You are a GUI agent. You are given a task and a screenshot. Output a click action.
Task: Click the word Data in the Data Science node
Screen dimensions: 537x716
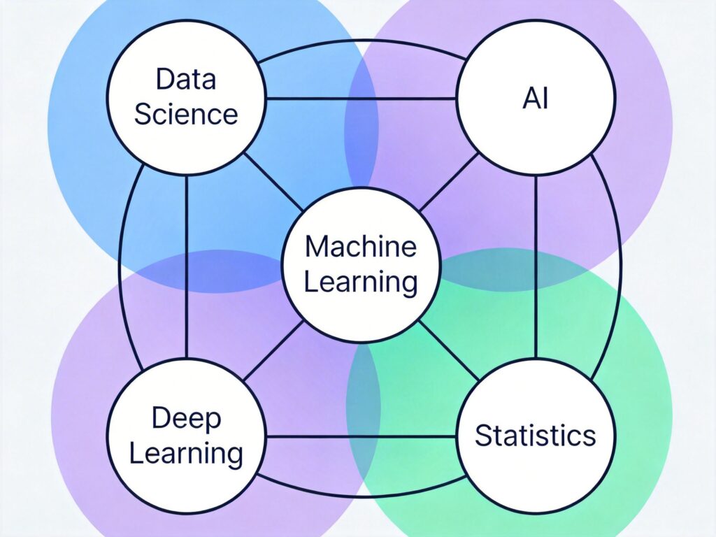(x=185, y=80)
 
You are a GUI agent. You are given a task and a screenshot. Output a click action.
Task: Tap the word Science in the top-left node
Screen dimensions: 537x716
(x=185, y=113)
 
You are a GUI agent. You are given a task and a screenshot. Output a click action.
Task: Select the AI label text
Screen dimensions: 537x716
(x=536, y=99)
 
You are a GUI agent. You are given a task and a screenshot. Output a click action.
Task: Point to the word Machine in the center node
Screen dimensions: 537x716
(x=360, y=247)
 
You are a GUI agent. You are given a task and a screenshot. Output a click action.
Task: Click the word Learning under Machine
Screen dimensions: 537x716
(x=361, y=282)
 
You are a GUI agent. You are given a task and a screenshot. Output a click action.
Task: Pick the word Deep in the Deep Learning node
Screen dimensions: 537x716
(x=186, y=419)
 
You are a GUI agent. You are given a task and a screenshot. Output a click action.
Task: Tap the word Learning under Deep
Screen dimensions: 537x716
(x=186, y=453)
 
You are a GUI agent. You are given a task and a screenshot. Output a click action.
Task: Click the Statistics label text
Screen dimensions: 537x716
(x=536, y=436)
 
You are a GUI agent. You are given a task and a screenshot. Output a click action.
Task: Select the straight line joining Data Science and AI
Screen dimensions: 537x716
(x=360, y=99)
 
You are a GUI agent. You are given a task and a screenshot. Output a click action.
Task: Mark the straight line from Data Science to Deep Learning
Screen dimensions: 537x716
(x=187, y=266)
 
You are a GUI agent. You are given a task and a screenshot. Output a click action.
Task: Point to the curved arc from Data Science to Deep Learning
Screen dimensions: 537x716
(x=120, y=266)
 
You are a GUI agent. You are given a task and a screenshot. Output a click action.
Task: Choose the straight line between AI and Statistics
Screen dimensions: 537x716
(x=536, y=266)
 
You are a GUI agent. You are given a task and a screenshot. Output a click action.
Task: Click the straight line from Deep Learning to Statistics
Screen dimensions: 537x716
(x=360, y=437)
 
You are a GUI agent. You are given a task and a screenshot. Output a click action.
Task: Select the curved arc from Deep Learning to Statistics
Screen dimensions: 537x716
(x=360, y=496)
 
